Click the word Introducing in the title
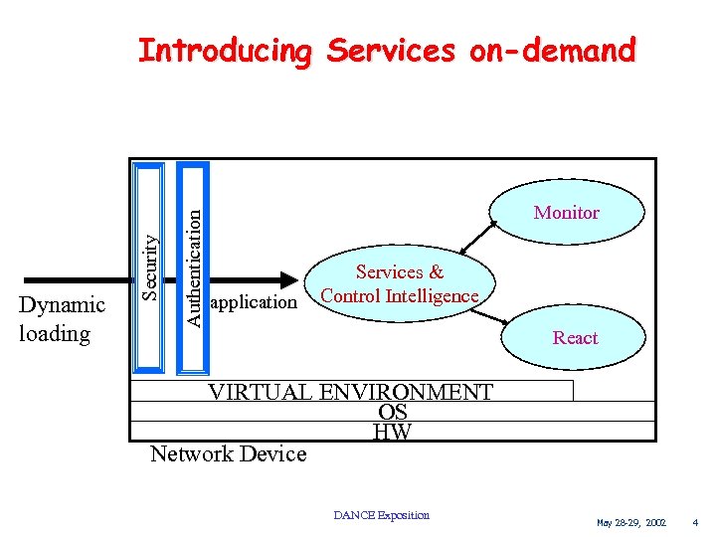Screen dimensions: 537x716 click(224, 50)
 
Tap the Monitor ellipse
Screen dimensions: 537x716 click(566, 212)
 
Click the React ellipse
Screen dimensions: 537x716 click(575, 337)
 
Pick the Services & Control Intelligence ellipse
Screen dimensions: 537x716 click(400, 283)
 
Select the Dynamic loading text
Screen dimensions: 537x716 click(62, 319)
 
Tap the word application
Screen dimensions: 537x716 click(255, 301)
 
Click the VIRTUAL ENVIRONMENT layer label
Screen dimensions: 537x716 click(350, 392)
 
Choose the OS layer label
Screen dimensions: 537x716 click(393, 412)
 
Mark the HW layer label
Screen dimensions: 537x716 click(392, 432)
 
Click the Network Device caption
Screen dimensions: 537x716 click(228, 454)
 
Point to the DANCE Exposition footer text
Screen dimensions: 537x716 click(381, 515)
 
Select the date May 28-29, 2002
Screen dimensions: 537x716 click(631, 522)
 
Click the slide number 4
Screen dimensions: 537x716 click(696, 522)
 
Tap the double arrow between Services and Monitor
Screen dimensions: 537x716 click(479, 239)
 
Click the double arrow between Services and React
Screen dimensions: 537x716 click(490, 316)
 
